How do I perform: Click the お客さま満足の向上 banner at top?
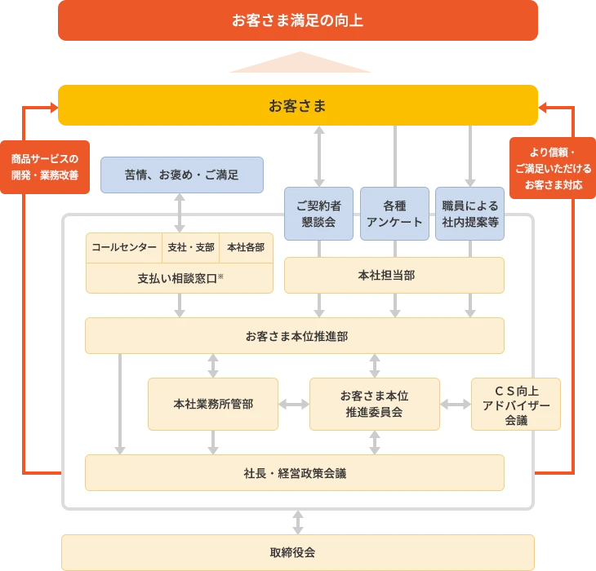coord(297,20)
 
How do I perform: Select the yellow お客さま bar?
coord(297,106)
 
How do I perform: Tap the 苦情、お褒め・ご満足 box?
coord(181,175)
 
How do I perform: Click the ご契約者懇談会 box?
coord(318,214)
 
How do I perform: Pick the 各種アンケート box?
coord(394,214)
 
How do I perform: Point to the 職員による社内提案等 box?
coord(469,214)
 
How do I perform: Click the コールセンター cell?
coord(124,248)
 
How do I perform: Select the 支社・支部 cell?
coord(190,248)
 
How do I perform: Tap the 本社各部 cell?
coord(246,248)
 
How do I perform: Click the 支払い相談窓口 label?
coord(180,278)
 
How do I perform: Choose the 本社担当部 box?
coord(394,275)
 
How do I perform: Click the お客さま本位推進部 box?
coord(296,335)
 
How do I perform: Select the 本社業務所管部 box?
coord(212,404)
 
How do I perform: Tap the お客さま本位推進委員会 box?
coord(374,404)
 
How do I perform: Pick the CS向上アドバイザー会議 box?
coord(516,404)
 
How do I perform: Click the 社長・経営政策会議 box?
coord(294,472)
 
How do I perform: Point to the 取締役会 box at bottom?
coord(297,552)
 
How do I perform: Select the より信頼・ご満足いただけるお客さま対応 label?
coord(554,169)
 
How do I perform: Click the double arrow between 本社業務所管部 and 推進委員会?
coord(294,404)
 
